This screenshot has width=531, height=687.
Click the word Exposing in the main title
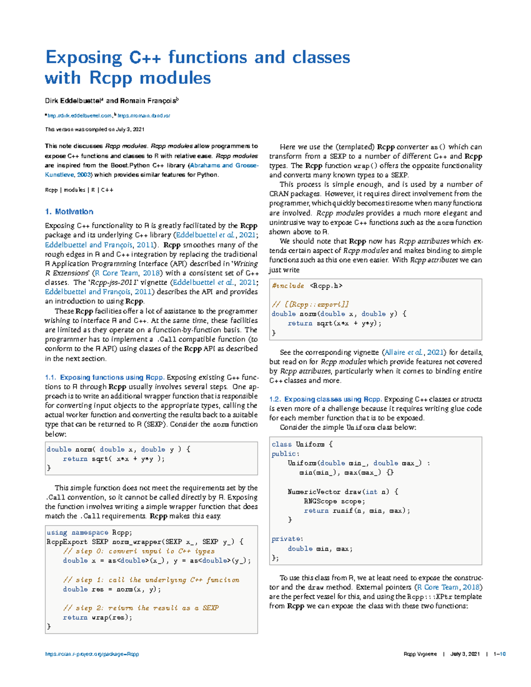pyautogui.click(x=84, y=58)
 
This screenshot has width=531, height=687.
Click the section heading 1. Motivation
pyautogui.click(x=69, y=212)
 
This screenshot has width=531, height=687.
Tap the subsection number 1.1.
pyautogui.click(x=50, y=377)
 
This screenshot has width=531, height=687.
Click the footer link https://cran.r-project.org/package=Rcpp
pyautogui.click(x=92, y=654)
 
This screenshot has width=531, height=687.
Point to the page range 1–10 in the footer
pyautogui.click(x=499, y=654)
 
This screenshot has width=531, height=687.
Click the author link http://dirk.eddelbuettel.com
pyautogui.click(x=79, y=116)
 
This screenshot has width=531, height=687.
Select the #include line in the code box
pyautogui.click(x=307, y=286)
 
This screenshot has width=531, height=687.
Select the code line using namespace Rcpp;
pyautogui.click(x=89, y=533)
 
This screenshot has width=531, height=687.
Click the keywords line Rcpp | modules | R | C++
pyautogui.click(x=79, y=190)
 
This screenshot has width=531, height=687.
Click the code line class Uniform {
pyautogui.click(x=302, y=444)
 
